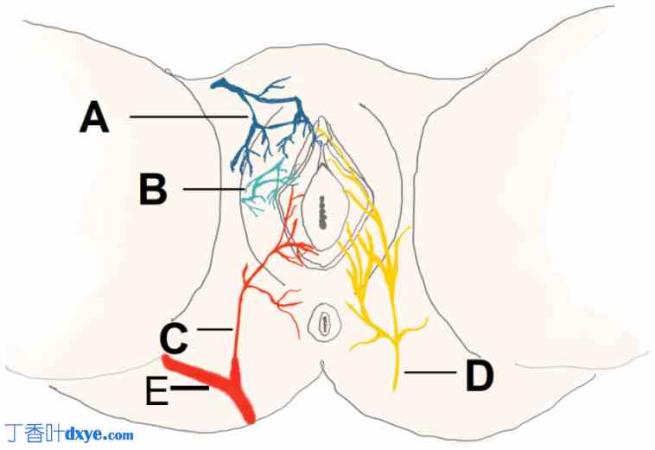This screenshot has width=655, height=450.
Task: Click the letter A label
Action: [x=94, y=117]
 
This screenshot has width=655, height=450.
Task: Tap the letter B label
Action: [x=153, y=190]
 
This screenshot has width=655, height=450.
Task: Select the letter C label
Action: [x=173, y=339]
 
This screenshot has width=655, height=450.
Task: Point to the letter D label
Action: [x=480, y=376]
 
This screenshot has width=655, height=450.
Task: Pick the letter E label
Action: [x=156, y=393]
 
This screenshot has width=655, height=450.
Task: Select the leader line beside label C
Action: [x=216, y=329]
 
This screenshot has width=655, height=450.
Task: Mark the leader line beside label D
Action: [x=429, y=372]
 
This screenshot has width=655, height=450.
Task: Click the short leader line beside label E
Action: [x=190, y=390]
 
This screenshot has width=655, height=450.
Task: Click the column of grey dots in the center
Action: [x=321, y=211]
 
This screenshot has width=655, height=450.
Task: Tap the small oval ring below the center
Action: [x=324, y=324]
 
